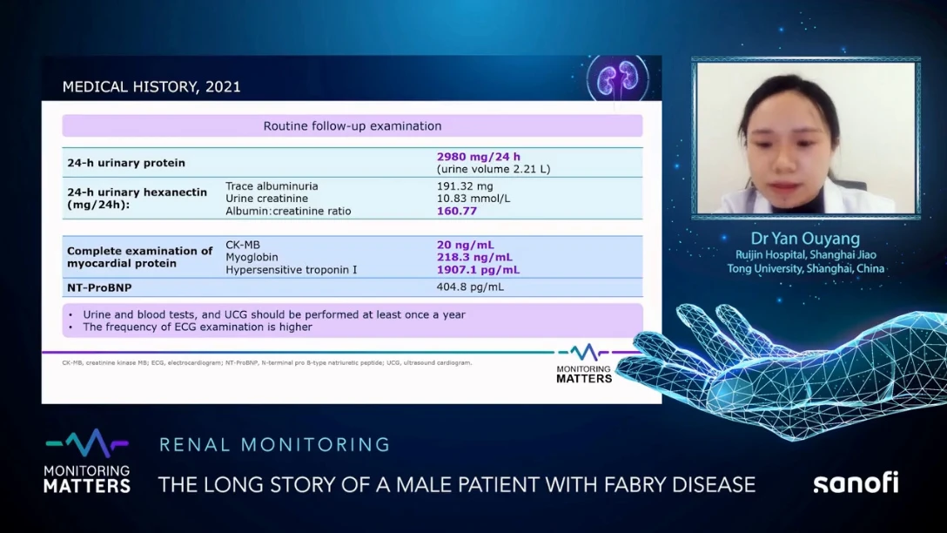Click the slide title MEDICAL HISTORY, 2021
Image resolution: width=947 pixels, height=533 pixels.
[151, 87]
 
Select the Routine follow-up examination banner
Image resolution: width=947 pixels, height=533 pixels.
[352, 126]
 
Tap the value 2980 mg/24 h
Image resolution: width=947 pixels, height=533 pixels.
[479, 157]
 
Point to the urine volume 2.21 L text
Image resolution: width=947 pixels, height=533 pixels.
[494, 169]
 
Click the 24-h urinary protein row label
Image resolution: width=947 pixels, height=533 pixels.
[126, 163]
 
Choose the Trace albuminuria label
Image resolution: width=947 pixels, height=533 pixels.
[272, 186]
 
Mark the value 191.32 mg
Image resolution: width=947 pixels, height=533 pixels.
[465, 186]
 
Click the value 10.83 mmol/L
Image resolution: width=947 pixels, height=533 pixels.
[472, 199]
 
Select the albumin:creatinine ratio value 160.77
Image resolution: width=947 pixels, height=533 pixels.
[457, 211]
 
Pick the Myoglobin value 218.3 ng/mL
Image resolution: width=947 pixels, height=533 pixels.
[474, 258]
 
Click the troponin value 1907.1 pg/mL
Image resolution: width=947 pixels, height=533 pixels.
[478, 270]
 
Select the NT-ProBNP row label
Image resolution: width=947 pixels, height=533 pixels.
[99, 287]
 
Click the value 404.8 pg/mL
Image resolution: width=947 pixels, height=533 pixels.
[470, 287]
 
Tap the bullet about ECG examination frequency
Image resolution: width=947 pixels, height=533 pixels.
[197, 327]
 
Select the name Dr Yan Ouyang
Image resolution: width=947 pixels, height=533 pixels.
[805, 239]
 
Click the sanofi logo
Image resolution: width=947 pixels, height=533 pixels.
[856, 482]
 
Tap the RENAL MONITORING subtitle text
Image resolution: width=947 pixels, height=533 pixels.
[274, 445]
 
